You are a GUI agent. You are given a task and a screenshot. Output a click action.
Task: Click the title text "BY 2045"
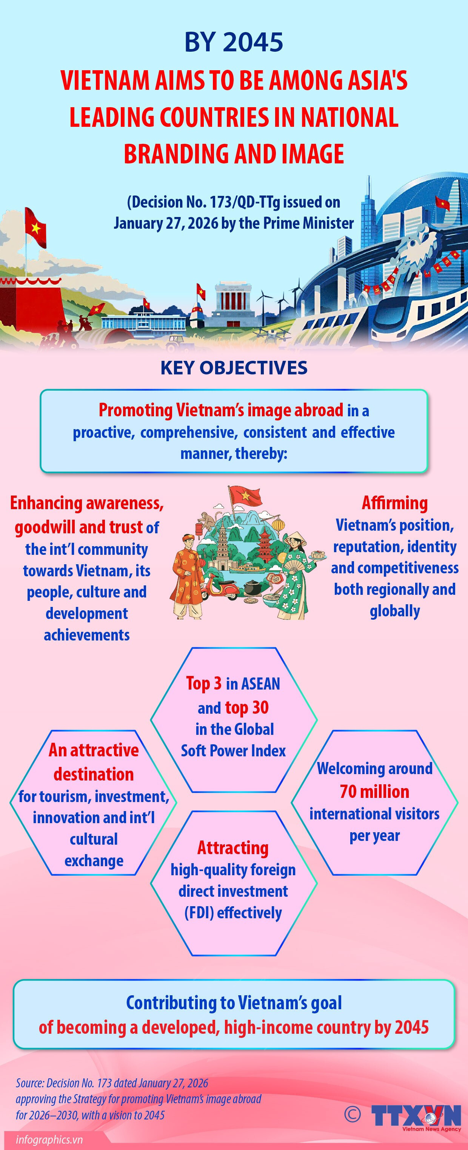point(234,42)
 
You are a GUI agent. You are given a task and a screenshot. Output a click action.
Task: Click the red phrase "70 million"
point(374,791)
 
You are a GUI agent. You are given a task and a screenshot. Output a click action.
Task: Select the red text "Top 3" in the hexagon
point(204,684)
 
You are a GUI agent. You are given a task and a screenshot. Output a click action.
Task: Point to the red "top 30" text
point(246,708)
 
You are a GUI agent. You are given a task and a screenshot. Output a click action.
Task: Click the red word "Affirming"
point(394,503)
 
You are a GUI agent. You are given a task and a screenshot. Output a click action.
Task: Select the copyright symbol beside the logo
point(353,1114)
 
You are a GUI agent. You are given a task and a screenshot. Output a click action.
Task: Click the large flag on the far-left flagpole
point(35,227)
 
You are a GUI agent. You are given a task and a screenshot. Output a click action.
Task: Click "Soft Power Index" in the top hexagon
point(233,751)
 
